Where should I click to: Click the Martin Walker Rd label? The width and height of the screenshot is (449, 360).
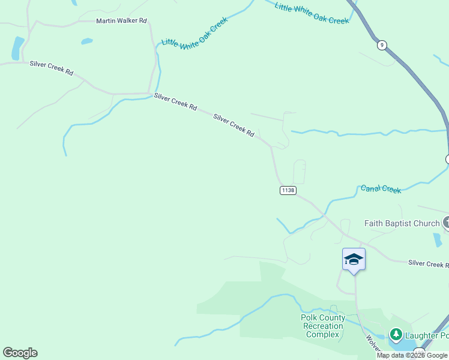(121, 21)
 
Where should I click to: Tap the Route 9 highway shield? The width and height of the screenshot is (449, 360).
(382, 45)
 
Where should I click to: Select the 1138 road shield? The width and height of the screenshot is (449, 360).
(288, 190)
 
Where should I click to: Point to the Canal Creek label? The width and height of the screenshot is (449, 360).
(381, 189)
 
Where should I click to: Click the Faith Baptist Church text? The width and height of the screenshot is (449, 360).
(402, 223)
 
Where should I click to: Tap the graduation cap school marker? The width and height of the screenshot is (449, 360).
(354, 259)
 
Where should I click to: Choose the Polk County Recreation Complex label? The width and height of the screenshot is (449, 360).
(323, 326)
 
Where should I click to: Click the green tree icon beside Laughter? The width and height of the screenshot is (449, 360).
(396, 334)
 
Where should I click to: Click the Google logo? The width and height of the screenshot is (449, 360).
(20, 353)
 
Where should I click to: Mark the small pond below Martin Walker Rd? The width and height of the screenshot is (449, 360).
(87, 41)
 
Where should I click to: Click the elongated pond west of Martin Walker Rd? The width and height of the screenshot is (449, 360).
(18, 47)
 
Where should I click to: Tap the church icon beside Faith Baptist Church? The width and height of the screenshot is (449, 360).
(447, 223)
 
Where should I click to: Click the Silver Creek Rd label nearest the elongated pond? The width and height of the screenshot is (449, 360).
(52, 68)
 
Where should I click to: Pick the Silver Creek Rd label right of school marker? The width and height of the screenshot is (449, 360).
(427, 263)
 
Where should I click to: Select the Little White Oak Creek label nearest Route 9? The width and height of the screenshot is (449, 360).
(312, 13)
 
